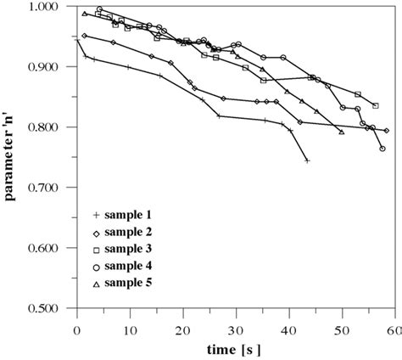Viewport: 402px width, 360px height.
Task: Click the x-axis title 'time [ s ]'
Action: [234, 348]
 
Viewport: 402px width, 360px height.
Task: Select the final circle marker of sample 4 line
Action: [382, 149]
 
